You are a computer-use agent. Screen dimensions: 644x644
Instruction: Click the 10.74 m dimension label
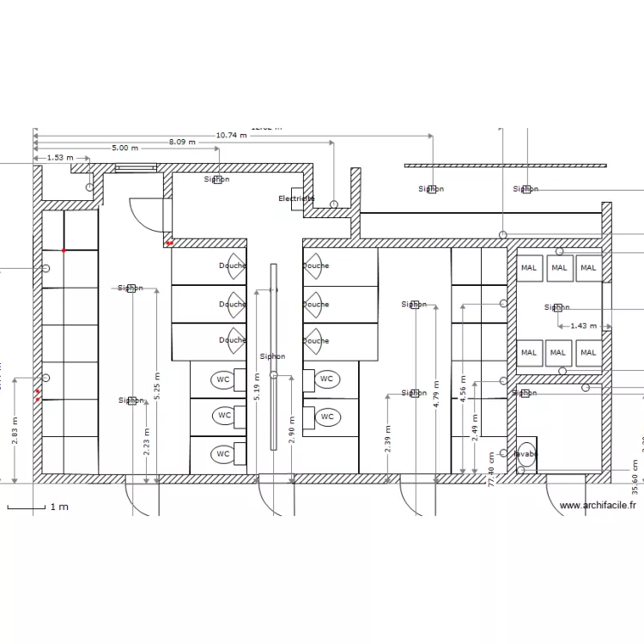pyautogui.click(x=232, y=135)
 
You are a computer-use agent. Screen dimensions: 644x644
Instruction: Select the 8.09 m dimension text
pyautogui.click(x=182, y=142)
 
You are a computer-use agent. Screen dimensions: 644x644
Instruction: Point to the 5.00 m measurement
pyautogui.click(x=125, y=149)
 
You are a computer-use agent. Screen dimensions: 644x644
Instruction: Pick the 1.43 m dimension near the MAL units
pyautogui.click(x=583, y=326)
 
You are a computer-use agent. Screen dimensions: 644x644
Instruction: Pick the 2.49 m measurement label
pyautogui.click(x=475, y=428)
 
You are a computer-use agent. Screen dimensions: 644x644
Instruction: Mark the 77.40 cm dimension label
pyautogui.click(x=492, y=469)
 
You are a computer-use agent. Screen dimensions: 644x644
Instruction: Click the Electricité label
pyautogui.click(x=296, y=198)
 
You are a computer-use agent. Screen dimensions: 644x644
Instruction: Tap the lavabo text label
pyautogui.click(x=526, y=453)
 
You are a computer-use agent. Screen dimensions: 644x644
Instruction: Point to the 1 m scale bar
pyautogui.click(x=38, y=507)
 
